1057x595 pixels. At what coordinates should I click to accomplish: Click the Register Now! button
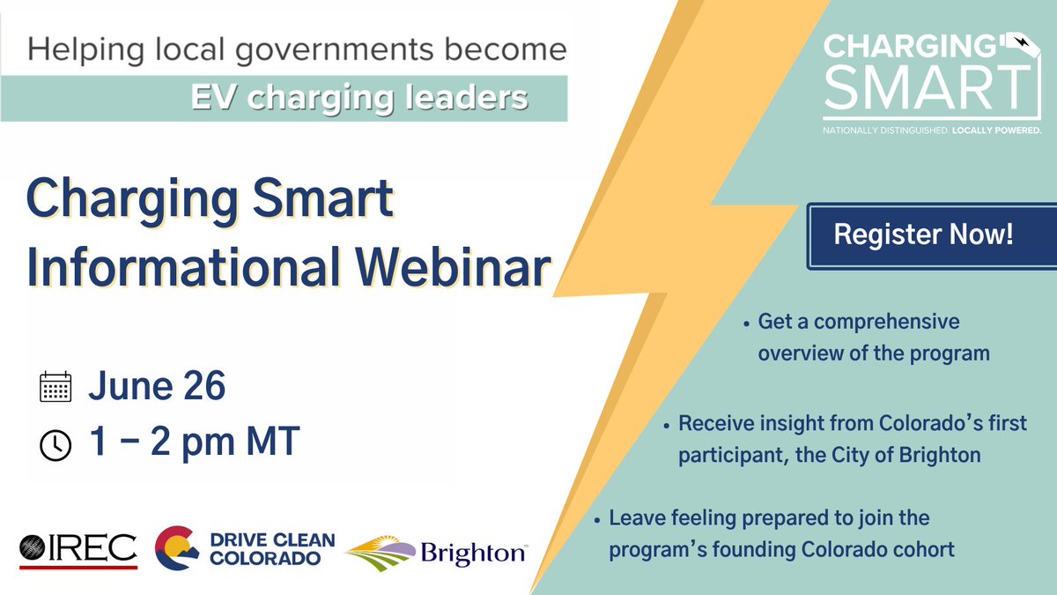923,235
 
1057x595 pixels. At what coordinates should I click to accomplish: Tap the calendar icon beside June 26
55,388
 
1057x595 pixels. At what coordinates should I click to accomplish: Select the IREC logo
78,548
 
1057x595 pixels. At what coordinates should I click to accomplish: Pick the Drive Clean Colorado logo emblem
176,548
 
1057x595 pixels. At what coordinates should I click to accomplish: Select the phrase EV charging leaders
358,97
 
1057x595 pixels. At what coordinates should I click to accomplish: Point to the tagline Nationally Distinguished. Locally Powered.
932,130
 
